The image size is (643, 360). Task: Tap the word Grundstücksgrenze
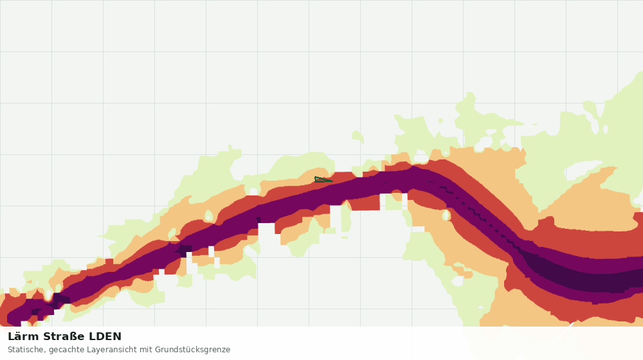192,350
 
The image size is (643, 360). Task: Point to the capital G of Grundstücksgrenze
158,350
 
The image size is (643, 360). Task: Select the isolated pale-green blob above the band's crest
358,136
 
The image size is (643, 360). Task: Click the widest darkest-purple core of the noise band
583,277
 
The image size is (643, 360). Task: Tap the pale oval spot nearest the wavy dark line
446,215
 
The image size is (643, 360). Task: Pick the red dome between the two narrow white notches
395,196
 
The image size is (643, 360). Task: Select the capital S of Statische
10,350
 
